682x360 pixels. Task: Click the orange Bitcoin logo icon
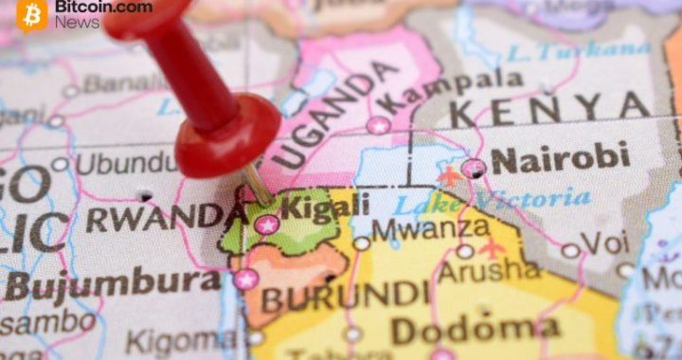point(32,13)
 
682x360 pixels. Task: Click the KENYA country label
point(549,111)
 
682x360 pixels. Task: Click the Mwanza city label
point(430,228)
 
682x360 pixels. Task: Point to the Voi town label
point(602,243)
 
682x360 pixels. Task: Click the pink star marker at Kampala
point(379,125)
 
